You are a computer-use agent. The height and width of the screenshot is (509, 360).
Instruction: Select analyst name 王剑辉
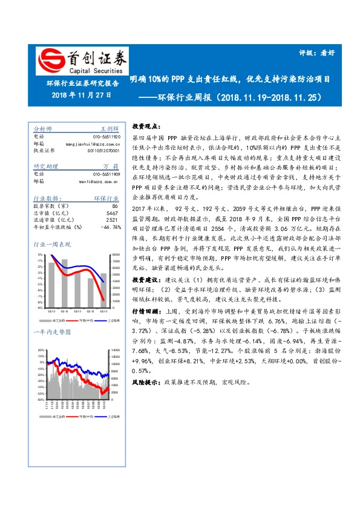[110, 129]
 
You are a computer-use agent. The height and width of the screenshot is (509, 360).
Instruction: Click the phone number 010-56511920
[106, 136]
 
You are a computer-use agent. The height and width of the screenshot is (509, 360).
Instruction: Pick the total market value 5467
[112, 213]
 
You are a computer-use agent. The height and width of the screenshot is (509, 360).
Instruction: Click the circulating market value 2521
[112, 220]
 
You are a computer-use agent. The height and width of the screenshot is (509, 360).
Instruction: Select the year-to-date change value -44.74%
[110, 227]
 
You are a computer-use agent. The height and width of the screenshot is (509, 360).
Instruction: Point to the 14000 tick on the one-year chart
[115, 350]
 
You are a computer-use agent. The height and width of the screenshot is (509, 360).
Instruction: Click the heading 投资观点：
[145, 126]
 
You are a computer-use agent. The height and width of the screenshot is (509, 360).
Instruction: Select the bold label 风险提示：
[146, 383]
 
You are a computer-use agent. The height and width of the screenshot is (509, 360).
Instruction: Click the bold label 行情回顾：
[146, 310]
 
